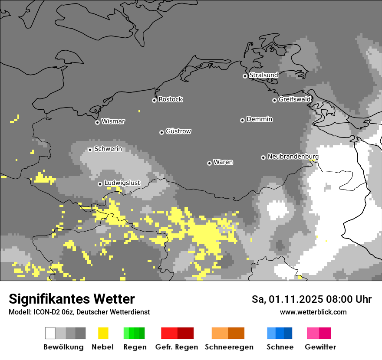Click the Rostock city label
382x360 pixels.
pos(171,99)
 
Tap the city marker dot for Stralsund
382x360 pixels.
pos(245,76)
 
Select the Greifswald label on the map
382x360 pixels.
pos(295,99)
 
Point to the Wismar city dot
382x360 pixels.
pos(97,122)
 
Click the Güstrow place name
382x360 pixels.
pos(178,131)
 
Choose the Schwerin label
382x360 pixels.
pos(108,149)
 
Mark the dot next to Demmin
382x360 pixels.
pos(242,120)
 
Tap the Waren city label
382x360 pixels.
pos(223,162)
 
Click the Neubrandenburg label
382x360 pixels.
pos(293,157)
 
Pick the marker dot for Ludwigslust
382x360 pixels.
pos(100,184)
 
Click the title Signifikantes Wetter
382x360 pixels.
pos(72,299)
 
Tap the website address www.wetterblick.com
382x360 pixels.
pos(313,312)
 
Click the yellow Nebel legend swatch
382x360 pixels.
pos(103,333)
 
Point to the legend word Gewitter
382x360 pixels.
pos(320,347)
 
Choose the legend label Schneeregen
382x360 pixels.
pos(229,347)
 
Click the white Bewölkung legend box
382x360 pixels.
pos(50,333)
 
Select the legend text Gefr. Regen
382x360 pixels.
pos(177,347)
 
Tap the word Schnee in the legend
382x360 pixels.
pos(280,347)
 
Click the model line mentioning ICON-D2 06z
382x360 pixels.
pos(79,312)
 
